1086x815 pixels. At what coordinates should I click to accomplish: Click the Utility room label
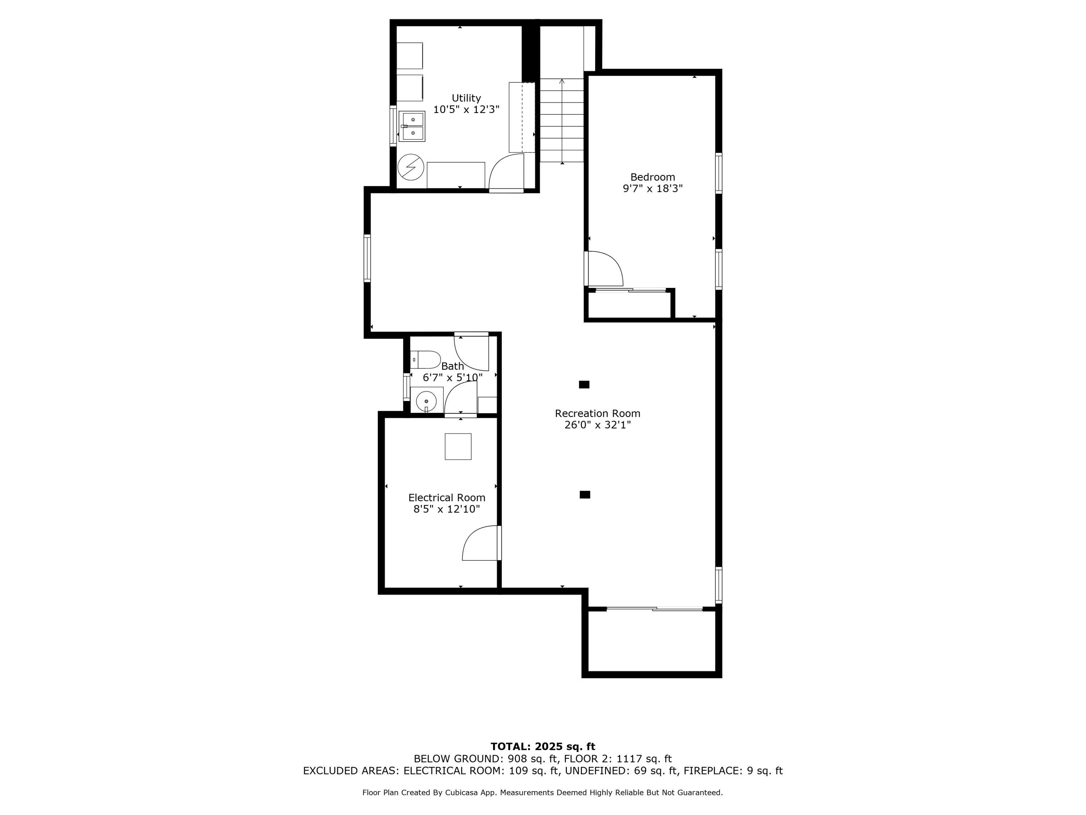[x=466, y=98]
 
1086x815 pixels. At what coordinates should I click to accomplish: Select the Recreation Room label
[x=598, y=414]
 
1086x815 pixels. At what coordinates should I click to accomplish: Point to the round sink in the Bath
[x=426, y=401]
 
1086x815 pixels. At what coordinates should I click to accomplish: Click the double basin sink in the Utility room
[x=412, y=126]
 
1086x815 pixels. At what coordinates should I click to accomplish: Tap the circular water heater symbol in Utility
[x=411, y=167]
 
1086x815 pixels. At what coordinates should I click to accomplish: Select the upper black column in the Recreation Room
[x=584, y=385]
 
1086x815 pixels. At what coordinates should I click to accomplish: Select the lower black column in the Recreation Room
[x=585, y=495]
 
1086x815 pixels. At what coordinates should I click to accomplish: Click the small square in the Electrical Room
[x=458, y=447]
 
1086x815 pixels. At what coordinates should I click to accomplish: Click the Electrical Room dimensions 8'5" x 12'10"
[x=446, y=509]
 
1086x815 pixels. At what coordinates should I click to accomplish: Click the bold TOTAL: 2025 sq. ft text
[x=543, y=747]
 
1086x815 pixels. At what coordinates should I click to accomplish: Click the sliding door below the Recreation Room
[x=655, y=609]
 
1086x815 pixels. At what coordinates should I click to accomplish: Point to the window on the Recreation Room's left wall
[x=367, y=258]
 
